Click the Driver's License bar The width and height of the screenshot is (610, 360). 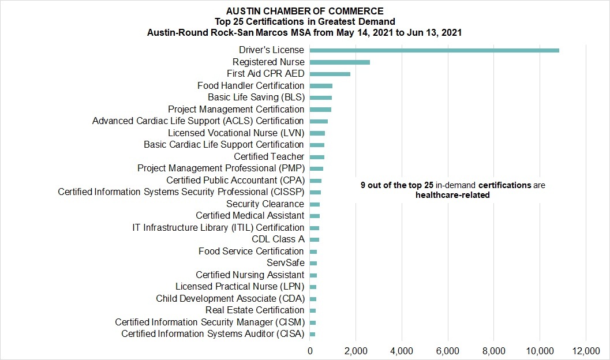435,50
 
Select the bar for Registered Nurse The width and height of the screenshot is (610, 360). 340,62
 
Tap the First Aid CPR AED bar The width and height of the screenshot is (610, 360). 330,74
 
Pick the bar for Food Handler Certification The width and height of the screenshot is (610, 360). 321,86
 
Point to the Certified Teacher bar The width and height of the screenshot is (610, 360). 317,157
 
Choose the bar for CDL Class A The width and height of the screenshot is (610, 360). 315,240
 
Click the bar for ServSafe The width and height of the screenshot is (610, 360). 313,263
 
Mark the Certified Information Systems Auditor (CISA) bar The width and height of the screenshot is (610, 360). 312,335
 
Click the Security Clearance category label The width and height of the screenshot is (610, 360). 265,204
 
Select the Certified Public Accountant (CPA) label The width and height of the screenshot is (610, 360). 235,181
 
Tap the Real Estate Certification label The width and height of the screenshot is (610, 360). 255,310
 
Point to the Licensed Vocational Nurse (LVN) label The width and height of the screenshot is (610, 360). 236,133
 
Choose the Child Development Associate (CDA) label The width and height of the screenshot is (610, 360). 230,299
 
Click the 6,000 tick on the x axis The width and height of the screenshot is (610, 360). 448,351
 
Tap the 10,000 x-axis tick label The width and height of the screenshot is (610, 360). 540,351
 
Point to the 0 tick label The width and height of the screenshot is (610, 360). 310,351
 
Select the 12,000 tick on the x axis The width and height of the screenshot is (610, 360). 586,351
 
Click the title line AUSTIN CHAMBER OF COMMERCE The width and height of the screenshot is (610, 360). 305,12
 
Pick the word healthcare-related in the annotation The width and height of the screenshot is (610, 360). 452,195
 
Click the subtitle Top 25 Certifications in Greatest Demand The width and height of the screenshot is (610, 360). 305,22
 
